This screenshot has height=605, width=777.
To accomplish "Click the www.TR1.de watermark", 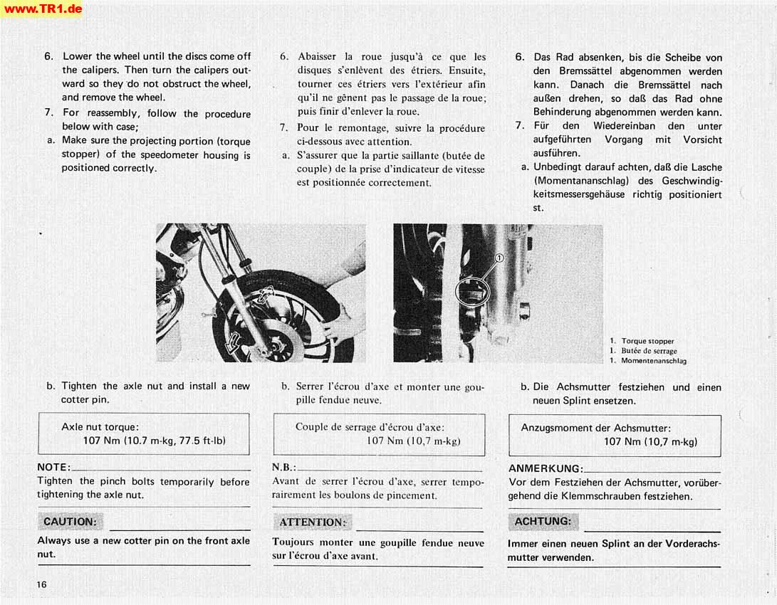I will click(42, 9).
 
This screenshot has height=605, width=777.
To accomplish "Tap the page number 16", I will click(42, 584).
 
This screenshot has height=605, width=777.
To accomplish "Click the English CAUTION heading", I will click(69, 522).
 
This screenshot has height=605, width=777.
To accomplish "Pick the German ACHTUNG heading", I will click(543, 522).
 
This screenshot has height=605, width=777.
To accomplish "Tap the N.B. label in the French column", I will click(284, 468).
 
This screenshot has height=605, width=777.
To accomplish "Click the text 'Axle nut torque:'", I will click(100, 427).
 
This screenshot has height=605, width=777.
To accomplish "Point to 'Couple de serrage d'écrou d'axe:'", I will click(370, 427).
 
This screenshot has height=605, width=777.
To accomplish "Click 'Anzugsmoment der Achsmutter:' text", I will click(595, 428).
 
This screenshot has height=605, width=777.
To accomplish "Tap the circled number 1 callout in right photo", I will click(499, 258).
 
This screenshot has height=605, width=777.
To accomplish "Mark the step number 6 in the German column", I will click(521, 58).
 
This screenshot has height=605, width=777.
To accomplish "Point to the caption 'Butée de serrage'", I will click(649, 351).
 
